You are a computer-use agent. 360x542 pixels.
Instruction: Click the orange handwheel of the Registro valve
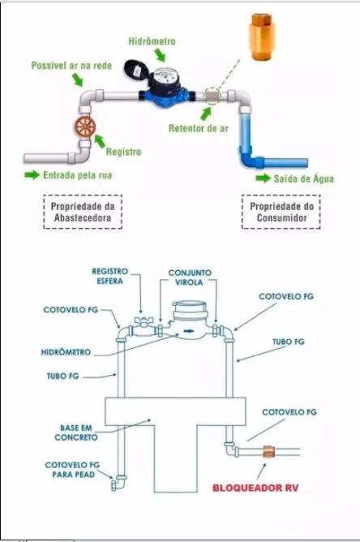pos(85,127)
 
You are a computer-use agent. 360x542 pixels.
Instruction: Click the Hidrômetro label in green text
pos(152,41)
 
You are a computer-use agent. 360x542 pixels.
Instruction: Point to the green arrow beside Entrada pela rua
pos(32,175)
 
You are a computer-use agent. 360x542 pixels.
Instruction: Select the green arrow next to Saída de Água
pos(264,179)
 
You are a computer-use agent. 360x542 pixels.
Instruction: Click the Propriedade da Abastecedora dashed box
pos(83,212)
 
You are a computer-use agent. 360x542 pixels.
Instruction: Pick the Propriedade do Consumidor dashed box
pos(281,212)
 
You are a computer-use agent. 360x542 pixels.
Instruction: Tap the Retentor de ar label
pos(199,128)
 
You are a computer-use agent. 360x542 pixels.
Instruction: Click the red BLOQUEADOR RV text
pos(255,488)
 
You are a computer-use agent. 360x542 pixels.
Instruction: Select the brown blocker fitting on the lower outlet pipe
pos(268,452)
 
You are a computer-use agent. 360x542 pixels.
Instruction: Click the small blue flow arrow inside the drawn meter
pos(189,331)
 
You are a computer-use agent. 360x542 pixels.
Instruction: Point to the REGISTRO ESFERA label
pos(110,276)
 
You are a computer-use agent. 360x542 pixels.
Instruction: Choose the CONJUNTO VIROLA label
pos(190,277)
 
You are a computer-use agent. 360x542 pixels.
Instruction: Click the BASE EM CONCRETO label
pos(76,432)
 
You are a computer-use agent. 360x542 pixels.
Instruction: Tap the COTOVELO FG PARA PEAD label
pos(72,470)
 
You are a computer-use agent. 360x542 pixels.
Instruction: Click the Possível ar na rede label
pos(71,66)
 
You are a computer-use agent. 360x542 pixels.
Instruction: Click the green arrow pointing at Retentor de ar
pos(206,114)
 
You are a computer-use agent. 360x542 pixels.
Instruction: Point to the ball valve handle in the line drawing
pos(142,320)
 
